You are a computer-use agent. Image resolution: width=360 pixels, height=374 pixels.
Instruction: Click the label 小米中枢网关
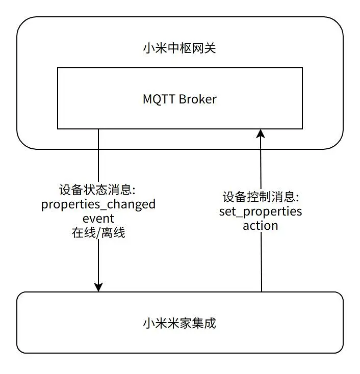180,49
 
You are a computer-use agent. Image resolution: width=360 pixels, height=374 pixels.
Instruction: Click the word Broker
197,99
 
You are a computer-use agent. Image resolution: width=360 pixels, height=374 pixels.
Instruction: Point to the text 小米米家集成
179,323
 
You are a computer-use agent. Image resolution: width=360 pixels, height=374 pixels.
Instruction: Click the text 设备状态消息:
97,191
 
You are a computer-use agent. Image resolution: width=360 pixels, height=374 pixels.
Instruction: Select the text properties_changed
98,205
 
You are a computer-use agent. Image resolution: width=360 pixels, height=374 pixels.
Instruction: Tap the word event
98,219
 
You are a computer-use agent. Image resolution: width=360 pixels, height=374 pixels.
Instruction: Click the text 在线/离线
98,233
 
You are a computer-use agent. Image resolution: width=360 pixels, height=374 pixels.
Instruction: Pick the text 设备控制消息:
261,197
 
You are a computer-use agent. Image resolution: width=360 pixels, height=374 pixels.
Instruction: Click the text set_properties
261,211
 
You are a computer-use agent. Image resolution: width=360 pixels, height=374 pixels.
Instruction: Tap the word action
261,225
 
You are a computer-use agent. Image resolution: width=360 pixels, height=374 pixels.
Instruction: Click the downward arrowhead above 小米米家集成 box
98,286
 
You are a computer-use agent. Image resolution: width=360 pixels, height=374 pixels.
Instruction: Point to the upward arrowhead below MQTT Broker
261,134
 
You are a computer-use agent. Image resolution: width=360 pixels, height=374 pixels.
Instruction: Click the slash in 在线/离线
98,233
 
